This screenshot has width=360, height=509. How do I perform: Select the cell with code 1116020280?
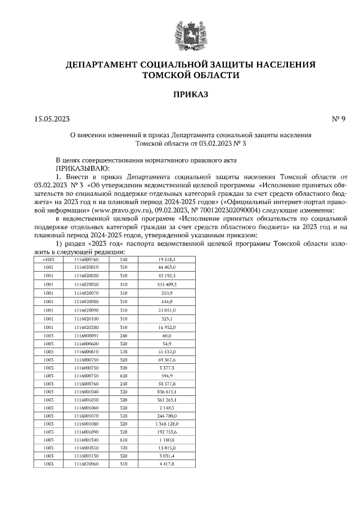coord(86,327)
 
